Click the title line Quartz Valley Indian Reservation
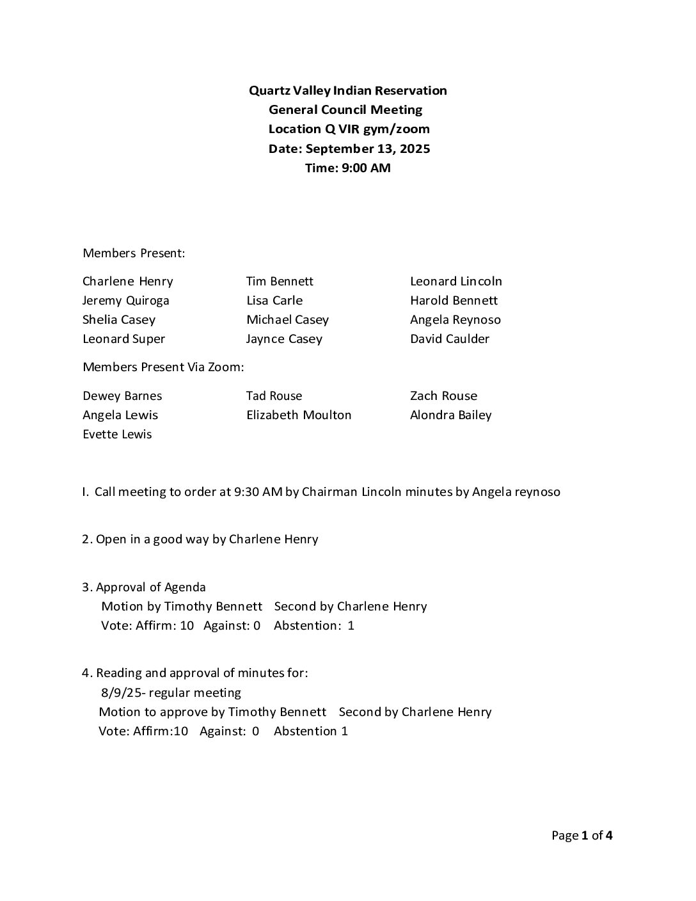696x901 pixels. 347,90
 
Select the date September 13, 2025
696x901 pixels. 368,148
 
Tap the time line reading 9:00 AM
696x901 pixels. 347,168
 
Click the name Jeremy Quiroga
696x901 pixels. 125,300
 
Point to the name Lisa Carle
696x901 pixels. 274,300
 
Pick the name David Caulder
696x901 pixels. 450,339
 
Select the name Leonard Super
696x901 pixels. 123,339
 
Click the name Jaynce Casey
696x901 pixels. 284,339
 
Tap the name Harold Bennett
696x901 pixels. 454,300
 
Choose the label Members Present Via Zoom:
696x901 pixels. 164,367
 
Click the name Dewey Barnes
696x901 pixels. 122,395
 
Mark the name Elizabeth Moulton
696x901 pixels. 299,415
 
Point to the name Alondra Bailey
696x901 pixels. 450,415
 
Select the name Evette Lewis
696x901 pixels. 117,434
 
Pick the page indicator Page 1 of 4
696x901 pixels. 581,835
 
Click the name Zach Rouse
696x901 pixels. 443,395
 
